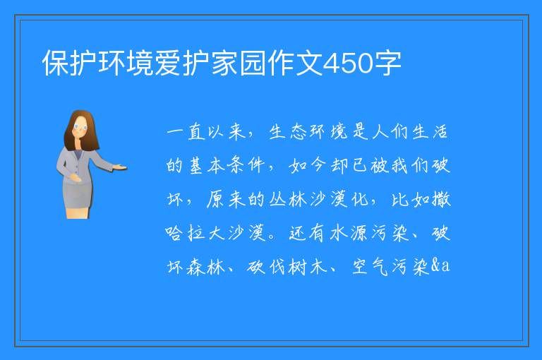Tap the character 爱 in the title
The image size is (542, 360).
point(168,63)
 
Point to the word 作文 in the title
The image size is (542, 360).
point(295,63)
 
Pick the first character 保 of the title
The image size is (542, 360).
point(56,63)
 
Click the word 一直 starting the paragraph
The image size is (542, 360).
point(186,132)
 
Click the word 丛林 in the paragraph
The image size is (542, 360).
point(288,200)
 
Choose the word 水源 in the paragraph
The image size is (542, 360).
point(349,233)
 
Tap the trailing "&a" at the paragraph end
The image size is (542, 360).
point(440,265)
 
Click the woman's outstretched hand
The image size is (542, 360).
point(120,168)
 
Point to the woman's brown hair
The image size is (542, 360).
point(80,131)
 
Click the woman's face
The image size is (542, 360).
point(81,127)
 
